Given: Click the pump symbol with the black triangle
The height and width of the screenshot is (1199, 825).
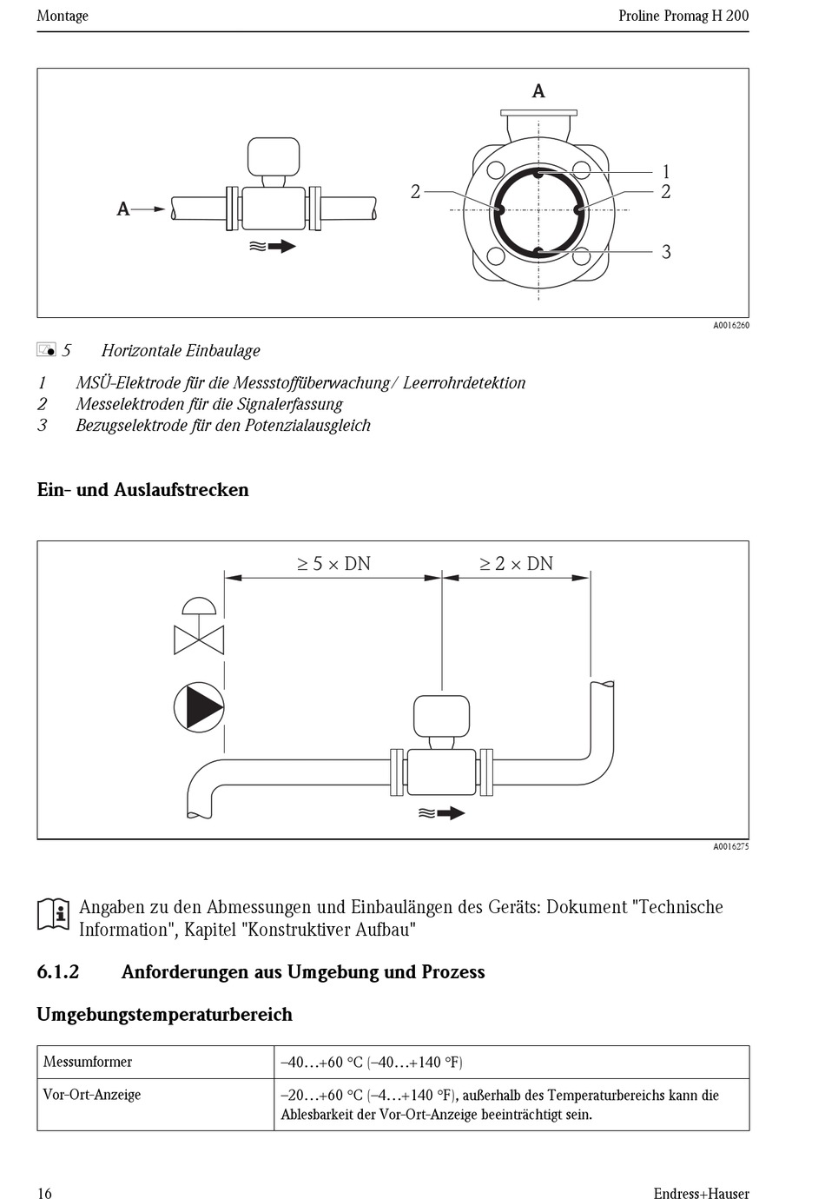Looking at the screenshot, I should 199,706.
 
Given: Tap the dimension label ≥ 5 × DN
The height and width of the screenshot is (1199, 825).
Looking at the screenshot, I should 333,564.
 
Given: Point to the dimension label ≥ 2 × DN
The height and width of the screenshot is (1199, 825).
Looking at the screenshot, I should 516,564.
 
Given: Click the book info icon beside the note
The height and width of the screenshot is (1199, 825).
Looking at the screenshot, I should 53,915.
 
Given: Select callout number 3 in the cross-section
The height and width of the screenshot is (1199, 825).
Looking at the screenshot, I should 666,252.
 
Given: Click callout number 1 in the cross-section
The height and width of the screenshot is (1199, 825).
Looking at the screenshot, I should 666,172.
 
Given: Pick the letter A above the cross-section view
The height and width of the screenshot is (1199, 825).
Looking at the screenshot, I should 538,91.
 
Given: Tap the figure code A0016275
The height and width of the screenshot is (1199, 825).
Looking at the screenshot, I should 730,846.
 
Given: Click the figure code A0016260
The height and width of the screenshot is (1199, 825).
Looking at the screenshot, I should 730,326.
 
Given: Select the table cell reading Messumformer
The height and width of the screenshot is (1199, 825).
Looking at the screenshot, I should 88,1062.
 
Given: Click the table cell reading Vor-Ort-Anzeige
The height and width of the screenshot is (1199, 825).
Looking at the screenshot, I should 92,1095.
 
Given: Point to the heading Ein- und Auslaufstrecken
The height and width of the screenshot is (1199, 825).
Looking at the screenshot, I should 142,490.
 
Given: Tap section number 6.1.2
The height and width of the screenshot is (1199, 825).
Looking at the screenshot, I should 58,972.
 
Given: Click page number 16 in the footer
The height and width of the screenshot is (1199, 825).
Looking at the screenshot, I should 44,1193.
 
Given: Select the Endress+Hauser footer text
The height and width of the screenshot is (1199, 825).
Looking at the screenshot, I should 701,1193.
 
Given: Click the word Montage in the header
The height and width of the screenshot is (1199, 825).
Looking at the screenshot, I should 63,16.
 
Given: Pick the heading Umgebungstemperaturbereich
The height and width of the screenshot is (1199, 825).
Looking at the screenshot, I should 164,1015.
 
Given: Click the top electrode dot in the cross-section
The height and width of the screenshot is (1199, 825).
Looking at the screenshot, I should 539,174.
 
